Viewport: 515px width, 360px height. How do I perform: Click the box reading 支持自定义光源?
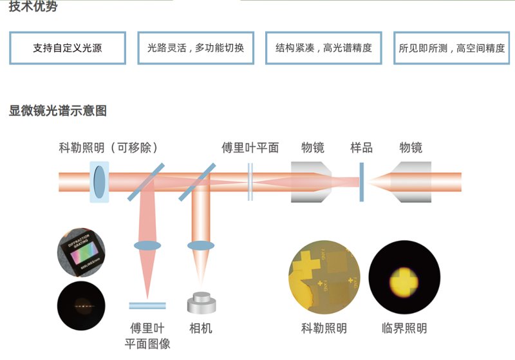pos(68,48)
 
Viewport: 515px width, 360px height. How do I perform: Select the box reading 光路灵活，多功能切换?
pos(196,48)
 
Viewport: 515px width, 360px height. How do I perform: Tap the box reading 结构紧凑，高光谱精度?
pos(324,48)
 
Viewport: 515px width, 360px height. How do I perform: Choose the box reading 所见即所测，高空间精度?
pos(452,48)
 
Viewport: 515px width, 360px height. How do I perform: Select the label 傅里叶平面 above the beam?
pos(250,147)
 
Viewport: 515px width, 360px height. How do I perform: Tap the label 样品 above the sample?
pos(361,147)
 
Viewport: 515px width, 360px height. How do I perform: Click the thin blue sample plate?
pos(362,182)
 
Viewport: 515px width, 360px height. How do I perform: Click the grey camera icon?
pos(200,303)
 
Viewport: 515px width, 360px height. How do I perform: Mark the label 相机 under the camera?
pos(200,328)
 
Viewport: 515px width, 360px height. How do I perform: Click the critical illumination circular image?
pos(404,279)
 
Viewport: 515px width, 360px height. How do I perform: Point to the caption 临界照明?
pos(404,328)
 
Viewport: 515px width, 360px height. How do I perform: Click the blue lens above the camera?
pos(200,245)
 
